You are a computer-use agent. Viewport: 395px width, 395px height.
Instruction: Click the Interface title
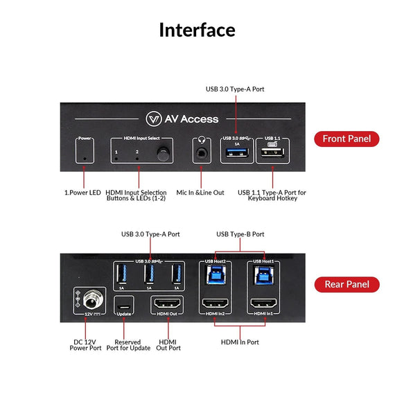(197, 30)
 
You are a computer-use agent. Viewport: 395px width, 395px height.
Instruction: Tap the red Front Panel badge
(351, 139)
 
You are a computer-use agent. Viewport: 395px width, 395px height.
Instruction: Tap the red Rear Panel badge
(351, 284)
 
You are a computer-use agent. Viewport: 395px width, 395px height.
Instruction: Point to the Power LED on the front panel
(85, 158)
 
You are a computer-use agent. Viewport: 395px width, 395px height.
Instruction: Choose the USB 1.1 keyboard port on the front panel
(272, 154)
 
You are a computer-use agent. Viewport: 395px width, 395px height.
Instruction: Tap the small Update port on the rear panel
(123, 305)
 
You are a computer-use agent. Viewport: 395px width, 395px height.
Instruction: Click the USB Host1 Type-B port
(263, 276)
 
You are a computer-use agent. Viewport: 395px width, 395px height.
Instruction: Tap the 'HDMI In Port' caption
(239, 342)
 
